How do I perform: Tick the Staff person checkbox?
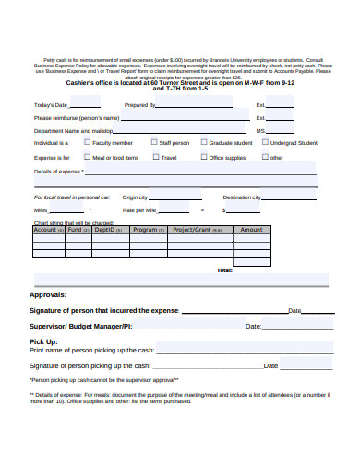pyautogui.click(x=155, y=144)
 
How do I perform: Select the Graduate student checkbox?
pyautogui.click(x=205, y=144)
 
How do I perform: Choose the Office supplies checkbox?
pyautogui.click(x=205, y=158)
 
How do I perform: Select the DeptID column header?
pyautogui.click(x=102, y=230)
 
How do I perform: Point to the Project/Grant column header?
pyautogui.click(x=193, y=230)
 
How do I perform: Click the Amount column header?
pyautogui.click(x=251, y=230)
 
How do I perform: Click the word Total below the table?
pyautogui.click(x=224, y=270)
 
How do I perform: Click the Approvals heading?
pyautogui.click(x=48, y=294)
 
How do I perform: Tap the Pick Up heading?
pyautogui.click(x=44, y=341)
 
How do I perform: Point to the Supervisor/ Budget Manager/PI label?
pyautogui.click(x=81, y=326)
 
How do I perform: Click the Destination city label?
pyautogui.click(x=243, y=197)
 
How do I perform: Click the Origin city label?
pyautogui.click(x=135, y=197)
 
